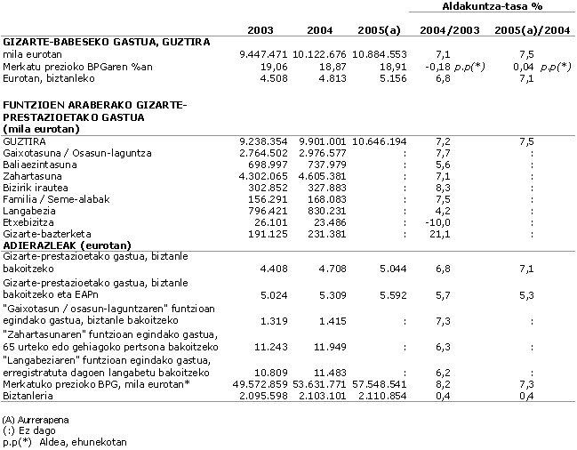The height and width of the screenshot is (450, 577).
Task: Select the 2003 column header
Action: (x=262, y=32)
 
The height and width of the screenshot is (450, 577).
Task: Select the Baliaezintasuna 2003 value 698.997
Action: (x=259, y=165)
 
